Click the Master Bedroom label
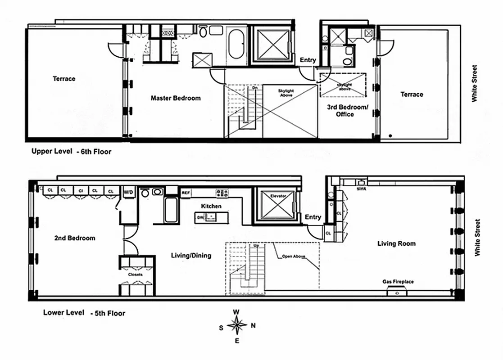click(176, 98)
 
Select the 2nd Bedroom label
click(75, 238)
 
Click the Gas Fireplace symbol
click(397, 292)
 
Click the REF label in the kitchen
click(186, 193)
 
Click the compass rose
click(237, 324)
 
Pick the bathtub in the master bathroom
click(236, 44)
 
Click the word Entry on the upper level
click(308, 60)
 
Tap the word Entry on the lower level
click(313, 217)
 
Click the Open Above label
click(293, 257)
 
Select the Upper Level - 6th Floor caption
click(71, 152)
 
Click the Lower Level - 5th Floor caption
click(84, 313)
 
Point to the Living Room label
click(396, 244)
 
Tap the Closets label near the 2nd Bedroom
click(135, 274)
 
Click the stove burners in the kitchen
click(222, 193)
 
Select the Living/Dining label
click(191, 256)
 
